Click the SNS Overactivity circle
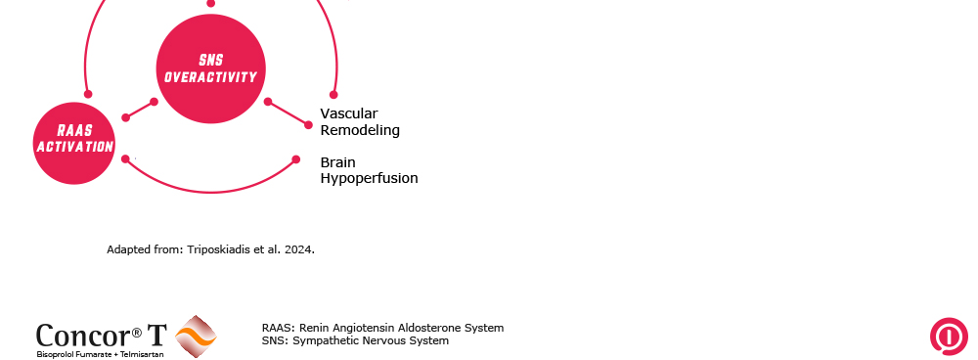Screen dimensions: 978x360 (211, 68)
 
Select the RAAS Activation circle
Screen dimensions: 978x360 (74, 144)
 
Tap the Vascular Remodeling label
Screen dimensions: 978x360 (360, 121)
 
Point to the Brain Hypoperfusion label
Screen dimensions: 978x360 (370, 170)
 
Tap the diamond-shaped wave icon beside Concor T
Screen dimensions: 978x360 (196, 337)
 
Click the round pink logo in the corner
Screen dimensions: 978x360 (949, 337)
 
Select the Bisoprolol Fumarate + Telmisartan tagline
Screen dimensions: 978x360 (101, 354)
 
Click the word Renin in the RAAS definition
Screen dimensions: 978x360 (314, 328)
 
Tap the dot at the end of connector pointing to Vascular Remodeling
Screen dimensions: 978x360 (308, 125)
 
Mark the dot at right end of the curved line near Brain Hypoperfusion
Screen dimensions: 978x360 (296, 159)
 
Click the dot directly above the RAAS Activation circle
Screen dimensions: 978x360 (88, 94)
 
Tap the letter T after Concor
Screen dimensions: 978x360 (156, 335)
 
